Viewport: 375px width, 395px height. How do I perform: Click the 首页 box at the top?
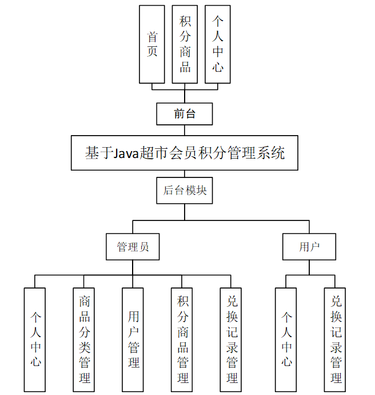coord(152,45)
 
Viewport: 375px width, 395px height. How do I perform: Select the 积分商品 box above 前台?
coord(185,45)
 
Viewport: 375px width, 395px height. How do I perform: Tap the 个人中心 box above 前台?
coord(217,45)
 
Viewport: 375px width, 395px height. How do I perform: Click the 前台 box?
coord(185,114)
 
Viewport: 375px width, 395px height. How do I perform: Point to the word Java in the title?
coord(127,153)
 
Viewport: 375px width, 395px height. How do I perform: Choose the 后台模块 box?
coord(185,190)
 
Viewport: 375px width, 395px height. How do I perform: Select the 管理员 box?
coord(133,247)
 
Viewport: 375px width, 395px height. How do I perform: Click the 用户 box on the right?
coord(309,247)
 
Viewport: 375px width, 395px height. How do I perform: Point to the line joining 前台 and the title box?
coord(185,130)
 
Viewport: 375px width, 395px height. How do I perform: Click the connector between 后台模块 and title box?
coord(185,173)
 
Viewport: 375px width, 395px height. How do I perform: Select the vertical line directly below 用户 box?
coord(309,267)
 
